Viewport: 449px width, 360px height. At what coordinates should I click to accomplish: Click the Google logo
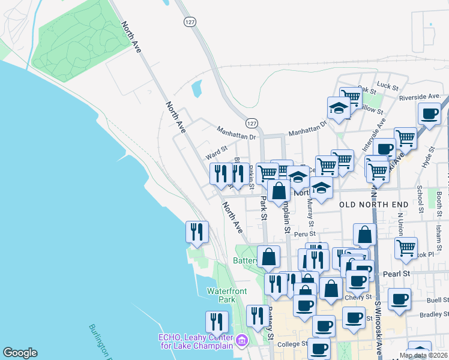click(x=20, y=353)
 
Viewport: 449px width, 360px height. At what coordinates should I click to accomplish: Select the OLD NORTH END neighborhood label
click(x=374, y=205)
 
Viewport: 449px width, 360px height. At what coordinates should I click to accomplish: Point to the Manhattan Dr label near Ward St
click(x=236, y=137)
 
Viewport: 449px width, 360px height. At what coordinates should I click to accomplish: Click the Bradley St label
click(x=430, y=314)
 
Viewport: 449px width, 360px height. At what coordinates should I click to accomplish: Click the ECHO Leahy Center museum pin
click(x=242, y=340)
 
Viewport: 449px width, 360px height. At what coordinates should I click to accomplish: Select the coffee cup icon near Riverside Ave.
click(x=429, y=113)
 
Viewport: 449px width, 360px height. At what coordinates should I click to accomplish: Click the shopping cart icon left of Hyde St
click(x=406, y=137)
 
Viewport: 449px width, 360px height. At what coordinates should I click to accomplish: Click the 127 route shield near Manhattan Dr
click(x=252, y=122)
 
